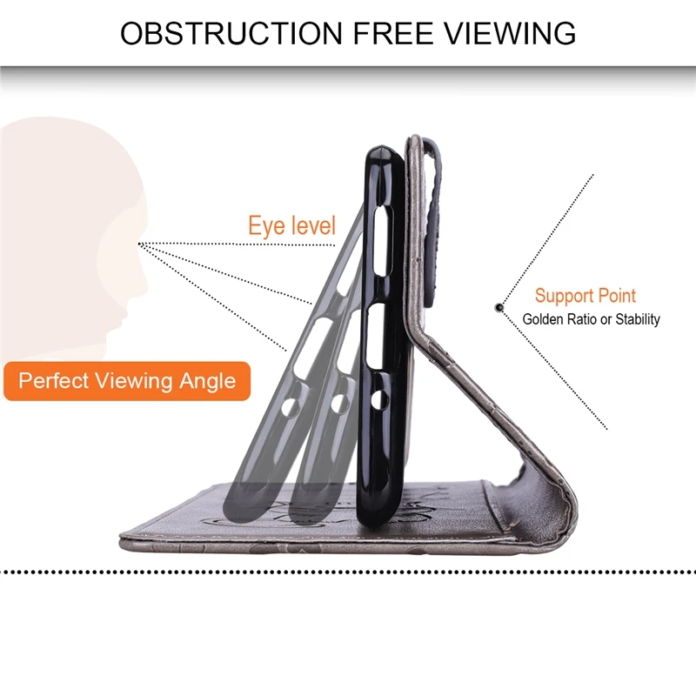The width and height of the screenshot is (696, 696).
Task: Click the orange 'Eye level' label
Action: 291,225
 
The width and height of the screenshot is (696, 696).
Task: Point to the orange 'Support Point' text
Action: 585,296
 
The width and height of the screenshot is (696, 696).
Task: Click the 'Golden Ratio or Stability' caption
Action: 591,319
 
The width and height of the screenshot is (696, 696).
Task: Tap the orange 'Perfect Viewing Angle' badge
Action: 127,381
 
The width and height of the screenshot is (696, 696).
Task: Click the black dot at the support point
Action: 499,307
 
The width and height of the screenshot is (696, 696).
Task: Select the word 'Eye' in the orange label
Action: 265,225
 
